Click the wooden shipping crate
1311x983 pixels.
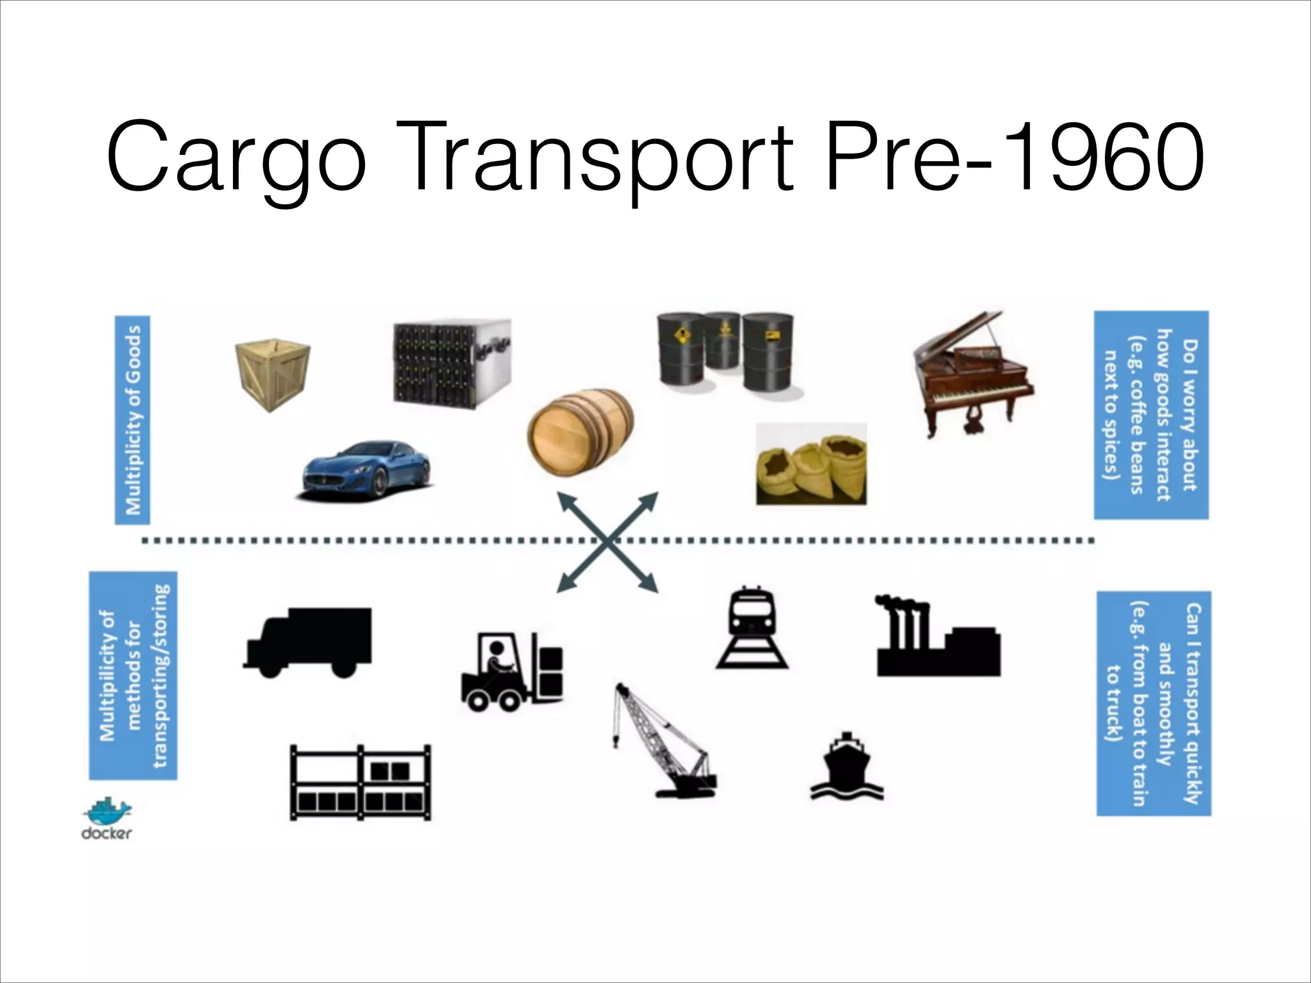(273, 375)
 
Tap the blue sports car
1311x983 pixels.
(366, 469)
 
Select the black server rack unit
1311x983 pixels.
(452, 363)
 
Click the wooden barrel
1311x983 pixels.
(580, 433)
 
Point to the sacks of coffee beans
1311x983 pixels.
(812, 465)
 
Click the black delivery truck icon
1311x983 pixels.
(308, 641)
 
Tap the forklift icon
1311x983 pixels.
(512, 671)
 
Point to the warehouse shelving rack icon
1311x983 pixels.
(360, 782)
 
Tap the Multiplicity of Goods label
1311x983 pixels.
(133, 420)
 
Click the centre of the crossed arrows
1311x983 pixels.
(607, 541)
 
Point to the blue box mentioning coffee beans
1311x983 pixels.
(1151, 415)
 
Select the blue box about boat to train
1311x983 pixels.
(1154, 703)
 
